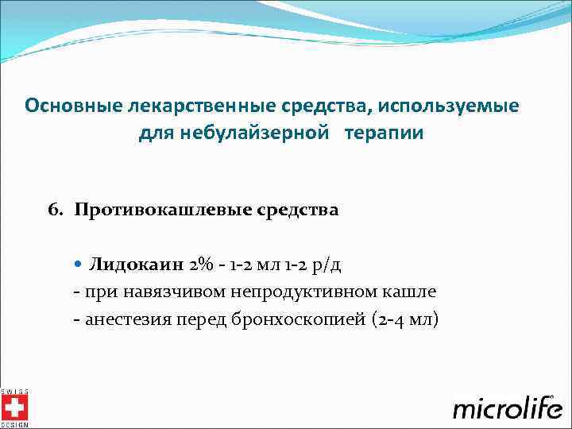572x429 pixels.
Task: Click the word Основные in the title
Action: (68, 105)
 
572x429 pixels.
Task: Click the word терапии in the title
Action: (384, 133)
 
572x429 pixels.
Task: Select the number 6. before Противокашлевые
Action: (56, 210)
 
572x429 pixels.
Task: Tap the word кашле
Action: (413, 292)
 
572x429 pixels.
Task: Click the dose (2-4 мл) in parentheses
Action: (404, 319)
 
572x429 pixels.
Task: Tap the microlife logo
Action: (508, 408)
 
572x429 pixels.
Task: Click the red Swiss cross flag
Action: (14, 408)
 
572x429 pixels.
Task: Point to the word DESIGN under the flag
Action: (14, 425)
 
